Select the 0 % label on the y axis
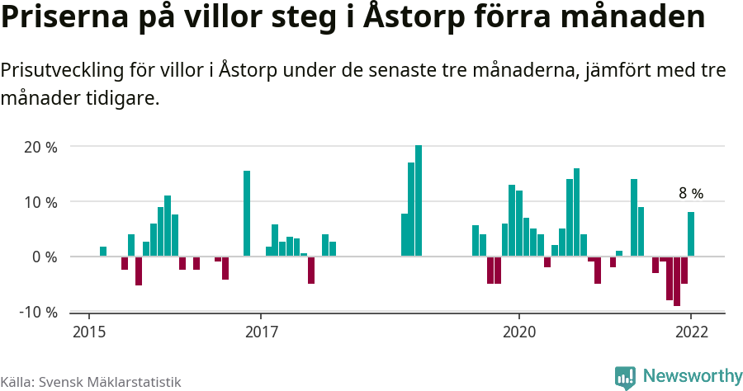tap(45, 257)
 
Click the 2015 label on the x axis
tap(88, 332)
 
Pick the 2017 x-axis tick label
tap(261, 332)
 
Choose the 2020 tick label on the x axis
tap(519, 332)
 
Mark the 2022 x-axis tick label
tap(691, 332)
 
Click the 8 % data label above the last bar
tap(691, 194)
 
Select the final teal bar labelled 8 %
tap(691, 234)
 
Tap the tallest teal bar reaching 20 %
tap(419, 200)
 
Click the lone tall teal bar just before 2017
tap(247, 214)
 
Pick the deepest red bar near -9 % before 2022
tap(677, 281)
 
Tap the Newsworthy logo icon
tap(625, 378)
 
